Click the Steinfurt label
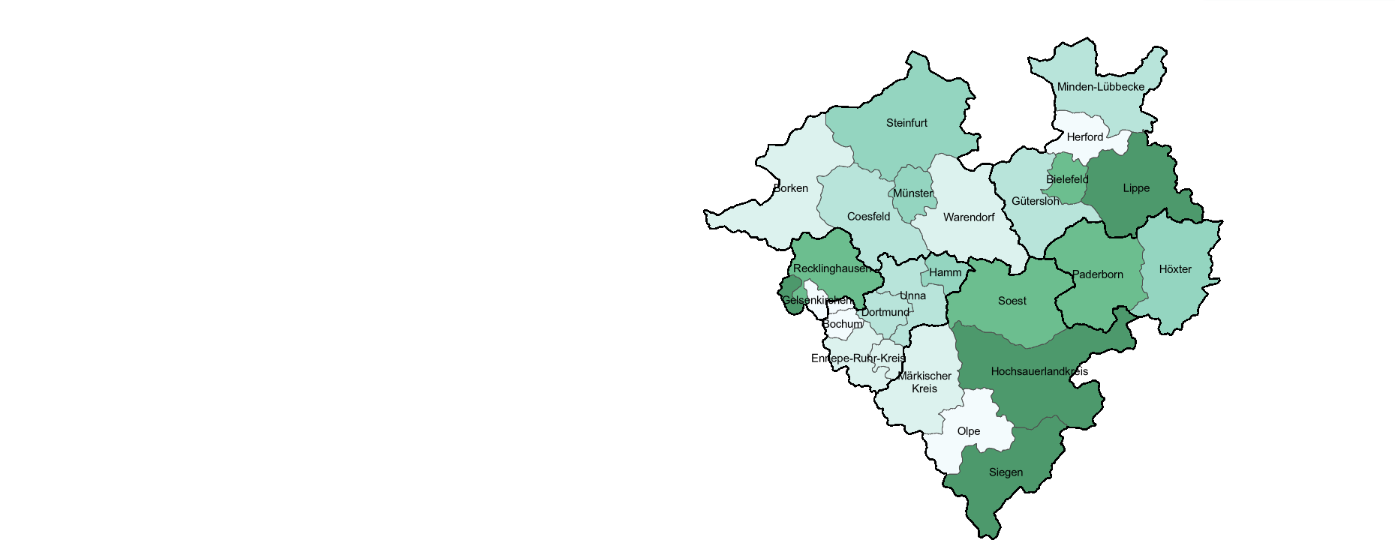click(x=906, y=123)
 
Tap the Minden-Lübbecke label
click(x=1101, y=87)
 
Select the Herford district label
click(x=1085, y=137)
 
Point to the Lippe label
click(x=1136, y=188)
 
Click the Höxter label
click(x=1175, y=269)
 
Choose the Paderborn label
click(x=1098, y=274)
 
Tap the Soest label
click(x=1012, y=301)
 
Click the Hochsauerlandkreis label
click(x=1039, y=371)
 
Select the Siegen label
click(x=1006, y=472)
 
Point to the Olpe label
click(x=969, y=431)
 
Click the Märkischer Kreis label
click(x=924, y=382)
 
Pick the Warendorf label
click(x=969, y=217)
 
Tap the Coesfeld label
click(x=868, y=217)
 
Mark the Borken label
click(x=791, y=188)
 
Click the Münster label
click(x=913, y=193)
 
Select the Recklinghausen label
click(x=832, y=268)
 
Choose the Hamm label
click(x=945, y=273)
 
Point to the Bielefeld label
click(x=1067, y=180)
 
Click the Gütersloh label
click(x=1036, y=201)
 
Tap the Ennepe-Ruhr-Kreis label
click(x=858, y=358)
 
